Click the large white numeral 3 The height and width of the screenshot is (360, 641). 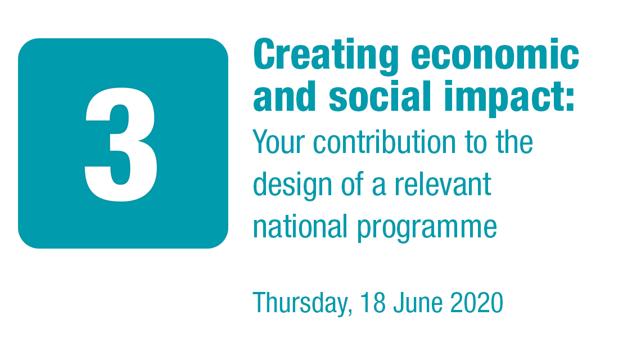tap(121, 145)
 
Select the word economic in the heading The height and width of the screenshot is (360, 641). tap(495, 54)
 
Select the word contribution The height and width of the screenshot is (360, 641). tap(384, 142)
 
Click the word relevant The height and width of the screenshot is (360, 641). tap(443, 184)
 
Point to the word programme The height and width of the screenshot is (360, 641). tap(427, 228)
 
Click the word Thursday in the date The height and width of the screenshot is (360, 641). tap(300, 303)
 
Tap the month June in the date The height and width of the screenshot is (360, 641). tap(418, 302)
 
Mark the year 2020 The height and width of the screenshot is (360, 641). tap(477, 302)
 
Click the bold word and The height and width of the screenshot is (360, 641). tap(285, 96)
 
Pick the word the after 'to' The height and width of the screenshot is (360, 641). tap(514, 142)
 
